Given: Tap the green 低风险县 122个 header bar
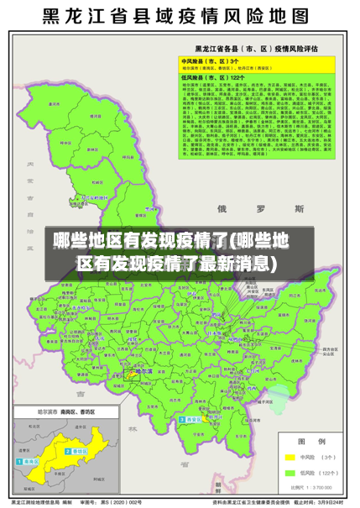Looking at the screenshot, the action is click(x=256, y=78).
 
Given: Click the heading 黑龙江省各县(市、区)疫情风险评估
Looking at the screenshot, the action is click(x=256, y=49).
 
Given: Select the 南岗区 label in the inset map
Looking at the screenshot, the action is click(x=31, y=462).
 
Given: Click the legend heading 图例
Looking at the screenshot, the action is click(x=306, y=441).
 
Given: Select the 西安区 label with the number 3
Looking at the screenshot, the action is click(x=194, y=395).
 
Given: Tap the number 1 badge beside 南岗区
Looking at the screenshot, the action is click(x=20, y=462).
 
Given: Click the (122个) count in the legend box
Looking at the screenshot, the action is click(x=328, y=473).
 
